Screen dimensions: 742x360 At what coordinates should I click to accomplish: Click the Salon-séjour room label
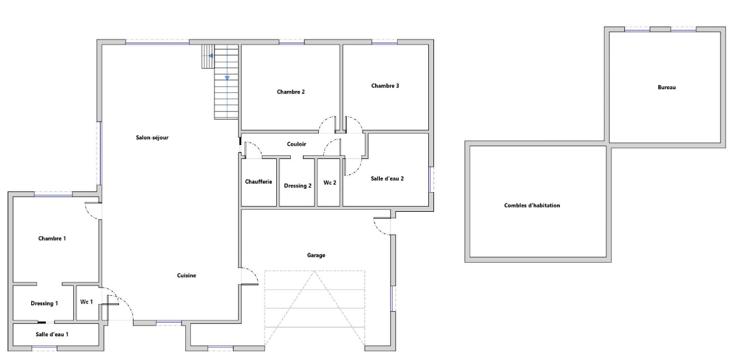(152, 137)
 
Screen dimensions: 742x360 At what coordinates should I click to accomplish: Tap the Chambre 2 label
(291, 92)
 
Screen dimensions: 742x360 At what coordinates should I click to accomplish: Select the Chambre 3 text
(385, 86)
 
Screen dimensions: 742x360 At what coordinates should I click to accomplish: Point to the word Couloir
(297, 144)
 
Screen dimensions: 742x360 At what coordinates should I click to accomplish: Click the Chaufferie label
(258, 182)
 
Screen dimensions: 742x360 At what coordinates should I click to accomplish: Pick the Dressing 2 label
(298, 186)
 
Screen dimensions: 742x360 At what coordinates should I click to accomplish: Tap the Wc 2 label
(330, 182)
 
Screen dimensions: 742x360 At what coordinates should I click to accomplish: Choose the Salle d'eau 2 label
(387, 179)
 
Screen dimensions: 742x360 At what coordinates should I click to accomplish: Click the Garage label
(316, 256)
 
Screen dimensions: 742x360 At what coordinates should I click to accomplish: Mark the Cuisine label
(186, 276)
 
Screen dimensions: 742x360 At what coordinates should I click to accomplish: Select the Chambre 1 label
(52, 239)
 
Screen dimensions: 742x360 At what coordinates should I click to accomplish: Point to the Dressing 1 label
(45, 303)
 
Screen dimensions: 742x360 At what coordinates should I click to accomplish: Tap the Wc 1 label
(87, 302)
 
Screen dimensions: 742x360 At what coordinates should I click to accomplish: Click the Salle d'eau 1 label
(52, 335)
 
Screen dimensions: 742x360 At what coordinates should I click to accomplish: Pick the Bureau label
(667, 88)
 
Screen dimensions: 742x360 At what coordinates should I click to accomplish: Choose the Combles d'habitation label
(532, 206)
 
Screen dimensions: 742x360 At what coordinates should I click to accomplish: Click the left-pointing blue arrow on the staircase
(211, 56)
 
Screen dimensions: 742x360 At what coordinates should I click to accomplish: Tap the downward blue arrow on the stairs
(227, 78)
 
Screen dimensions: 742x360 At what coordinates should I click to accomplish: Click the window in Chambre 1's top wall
(53, 195)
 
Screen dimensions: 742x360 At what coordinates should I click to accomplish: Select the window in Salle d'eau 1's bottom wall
(45, 349)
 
